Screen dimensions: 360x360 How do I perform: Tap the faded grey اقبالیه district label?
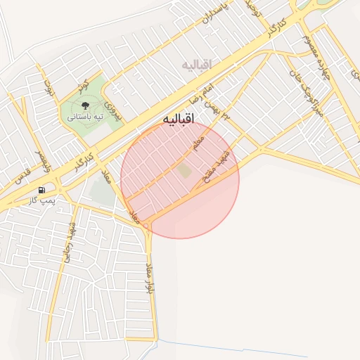197,65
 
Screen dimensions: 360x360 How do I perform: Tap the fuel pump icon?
42,190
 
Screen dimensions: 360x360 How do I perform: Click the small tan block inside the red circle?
184,170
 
